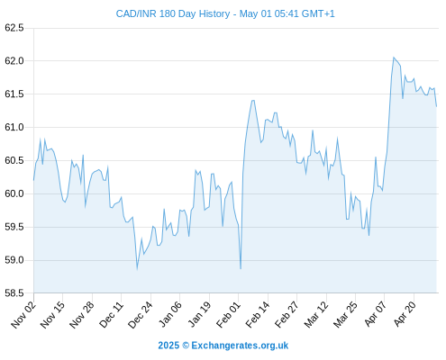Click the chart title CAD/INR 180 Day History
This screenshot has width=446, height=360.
click(x=173, y=13)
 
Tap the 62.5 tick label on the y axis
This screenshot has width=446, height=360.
click(x=14, y=28)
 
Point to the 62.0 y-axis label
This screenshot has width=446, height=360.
click(x=14, y=61)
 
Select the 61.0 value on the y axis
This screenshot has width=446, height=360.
click(x=14, y=127)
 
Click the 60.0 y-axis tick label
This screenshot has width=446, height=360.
click(x=14, y=193)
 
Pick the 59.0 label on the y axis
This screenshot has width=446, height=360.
click(x=14, y=260)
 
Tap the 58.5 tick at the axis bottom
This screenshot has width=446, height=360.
click(x=14, y=293)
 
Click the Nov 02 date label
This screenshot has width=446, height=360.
click(x=23, y=315)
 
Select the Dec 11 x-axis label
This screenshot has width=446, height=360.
click(x=111, y=315)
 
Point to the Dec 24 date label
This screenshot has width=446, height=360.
click(x=141, y=315)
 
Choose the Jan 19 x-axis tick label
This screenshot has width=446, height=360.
click(x=199, y=315)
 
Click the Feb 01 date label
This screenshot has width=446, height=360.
click(x=228, y=315)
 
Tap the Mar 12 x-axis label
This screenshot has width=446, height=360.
click(x=316, y=315)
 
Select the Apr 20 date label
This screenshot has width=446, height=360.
click(x=405, y=314)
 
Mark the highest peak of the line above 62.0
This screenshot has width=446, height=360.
click(x=394, y=58)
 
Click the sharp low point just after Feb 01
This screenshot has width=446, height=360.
click(x=241, y=268)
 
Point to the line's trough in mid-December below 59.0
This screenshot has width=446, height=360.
click(x=137, y=268)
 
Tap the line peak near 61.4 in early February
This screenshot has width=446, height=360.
click(x=253, y=101)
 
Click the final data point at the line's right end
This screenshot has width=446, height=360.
click(x=436, y=106)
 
